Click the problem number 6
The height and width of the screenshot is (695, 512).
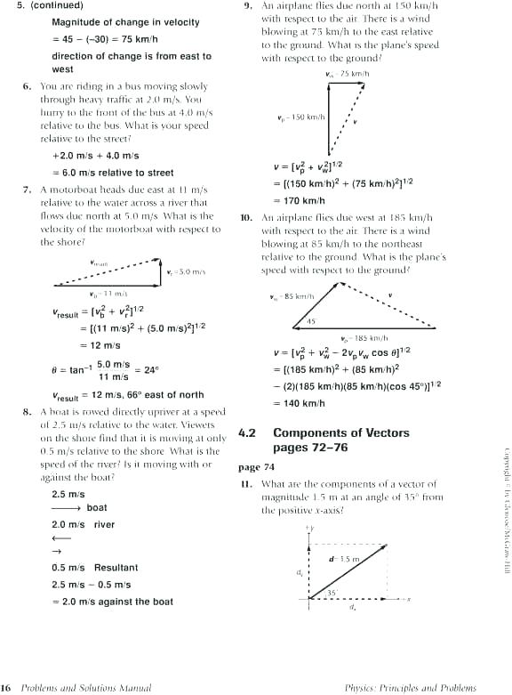pos(27,86)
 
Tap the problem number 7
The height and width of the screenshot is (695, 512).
pos(27,190)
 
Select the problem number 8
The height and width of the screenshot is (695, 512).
pos(27,412)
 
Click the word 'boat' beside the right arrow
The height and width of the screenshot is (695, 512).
pos(97,508)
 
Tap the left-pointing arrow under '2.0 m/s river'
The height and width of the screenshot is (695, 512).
pos(60,538)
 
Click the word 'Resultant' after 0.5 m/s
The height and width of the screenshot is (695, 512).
pos(116,568)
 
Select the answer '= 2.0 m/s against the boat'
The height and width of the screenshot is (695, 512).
pos(112,602)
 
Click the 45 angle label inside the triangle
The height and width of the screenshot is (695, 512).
pos(311,321)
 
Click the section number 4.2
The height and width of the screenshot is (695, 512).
pos(247,433)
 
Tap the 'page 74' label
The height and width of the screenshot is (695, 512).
pos(257,467)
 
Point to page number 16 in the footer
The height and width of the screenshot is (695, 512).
pos(5,687)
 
